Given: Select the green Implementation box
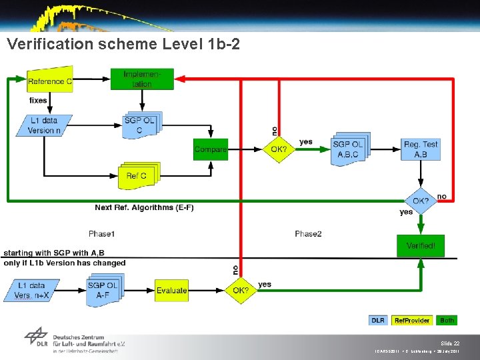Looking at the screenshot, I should (x=141, y=79).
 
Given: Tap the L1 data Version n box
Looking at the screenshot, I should (x=44, y=125).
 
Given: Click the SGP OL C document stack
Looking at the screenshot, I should (x=141, y=125).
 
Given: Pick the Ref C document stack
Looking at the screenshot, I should (x=138, y=175).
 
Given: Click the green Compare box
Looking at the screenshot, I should (x=211, y=149).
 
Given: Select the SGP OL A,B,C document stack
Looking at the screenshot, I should (x=349, y=149).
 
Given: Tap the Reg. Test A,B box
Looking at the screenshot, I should (x=420, y=149).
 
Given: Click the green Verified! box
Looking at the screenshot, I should (x=421, y=246).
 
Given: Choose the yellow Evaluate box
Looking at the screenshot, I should (x=172, y=290).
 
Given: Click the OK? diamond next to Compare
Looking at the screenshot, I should (x=279, y=149).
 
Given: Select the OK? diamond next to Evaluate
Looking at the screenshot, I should (x=240, y=290).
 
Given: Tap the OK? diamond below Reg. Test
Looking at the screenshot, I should (x=421, y=201).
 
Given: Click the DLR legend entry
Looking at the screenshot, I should (x=378, y=321).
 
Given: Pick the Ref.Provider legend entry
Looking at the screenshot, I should (x=411, y=321).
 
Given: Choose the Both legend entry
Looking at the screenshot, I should (x=447, y=321).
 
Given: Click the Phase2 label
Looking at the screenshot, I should (x=308, y=233).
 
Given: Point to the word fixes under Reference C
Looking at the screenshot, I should (x=38, y=101).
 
